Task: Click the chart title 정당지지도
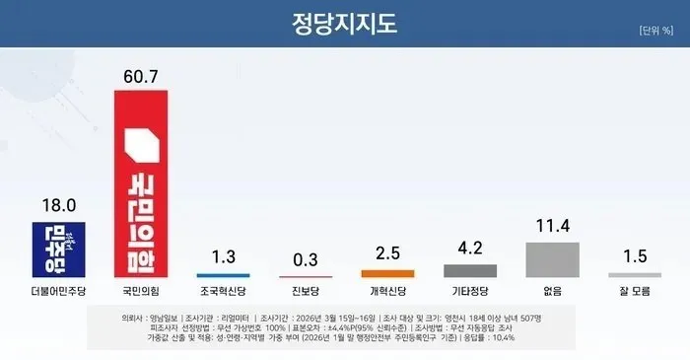click(x=346, y=21)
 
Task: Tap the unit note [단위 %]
click(x=655, y=31)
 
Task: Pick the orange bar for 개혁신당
click(x=387, y=273)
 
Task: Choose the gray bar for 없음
click(x=553, y=259)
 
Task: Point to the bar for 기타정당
click(x=470, y=269)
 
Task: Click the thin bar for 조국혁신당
click(x=224, y=275)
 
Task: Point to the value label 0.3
click(x=306, y=260)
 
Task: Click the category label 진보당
click(x=306, y=293)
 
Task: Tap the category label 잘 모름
click(x=635, y=293)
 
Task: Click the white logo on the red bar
click(x=142, y=148)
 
